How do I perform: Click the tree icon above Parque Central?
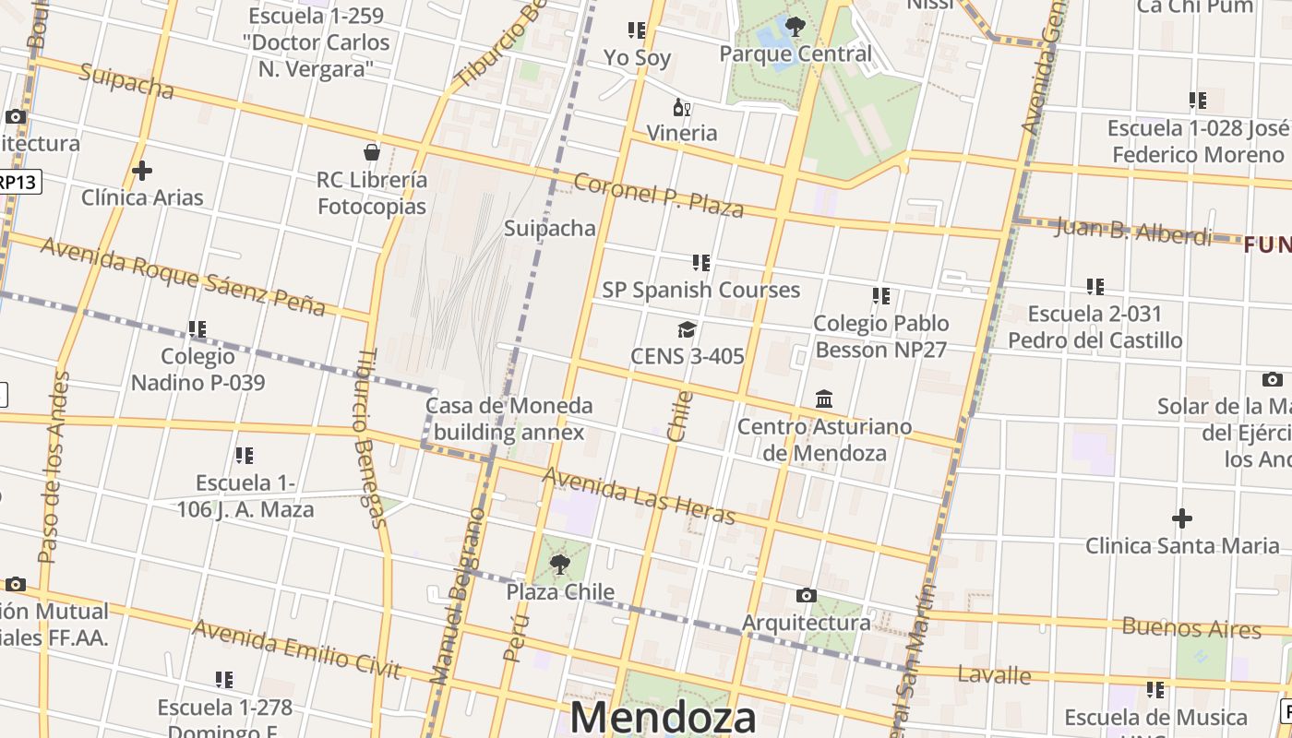795,27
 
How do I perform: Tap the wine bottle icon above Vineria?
682,108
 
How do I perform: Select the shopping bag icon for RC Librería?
372,152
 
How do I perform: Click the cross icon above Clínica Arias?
142,171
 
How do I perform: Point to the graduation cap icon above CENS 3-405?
687,330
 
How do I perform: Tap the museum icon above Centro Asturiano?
824,399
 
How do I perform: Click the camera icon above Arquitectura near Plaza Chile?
807,596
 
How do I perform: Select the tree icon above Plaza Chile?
559,565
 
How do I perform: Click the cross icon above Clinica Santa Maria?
1182,518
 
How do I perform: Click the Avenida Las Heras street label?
639,496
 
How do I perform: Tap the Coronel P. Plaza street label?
658,195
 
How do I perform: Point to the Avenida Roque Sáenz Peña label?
183,275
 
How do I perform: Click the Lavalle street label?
994,674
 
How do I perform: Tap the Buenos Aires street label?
1191,628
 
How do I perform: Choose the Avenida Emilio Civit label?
296,649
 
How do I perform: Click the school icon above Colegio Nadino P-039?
197,329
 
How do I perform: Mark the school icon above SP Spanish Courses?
701,263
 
